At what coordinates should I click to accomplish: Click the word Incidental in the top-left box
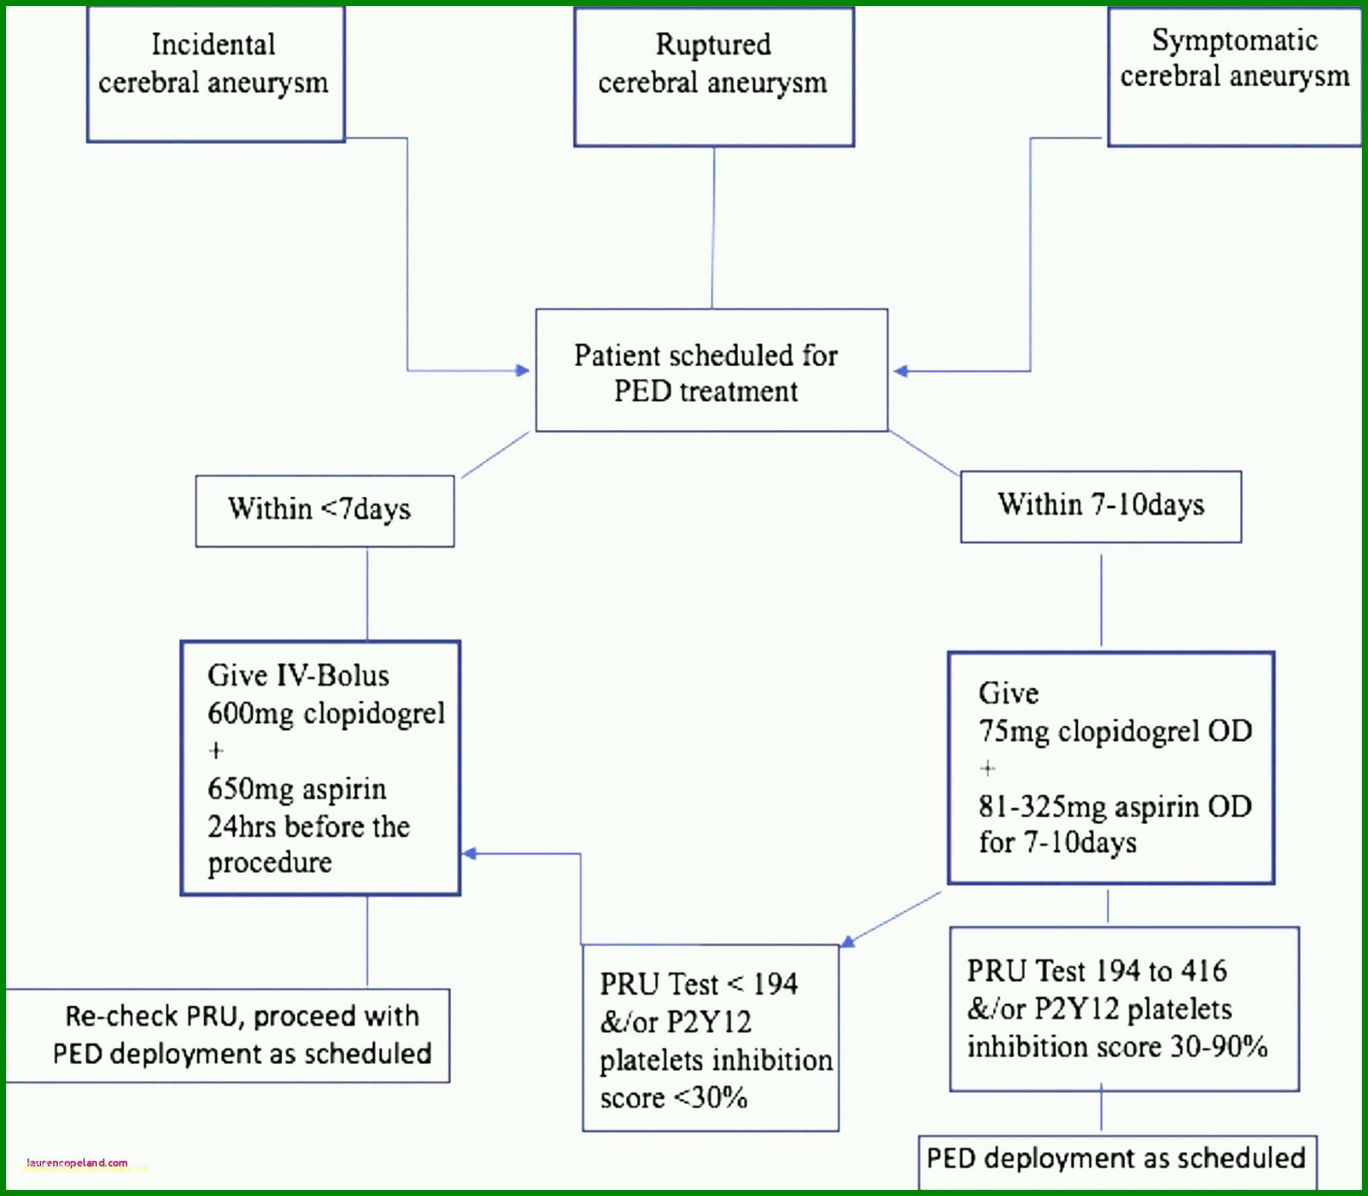(x=213, y=44)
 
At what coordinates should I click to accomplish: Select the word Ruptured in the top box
(x=714, y=44)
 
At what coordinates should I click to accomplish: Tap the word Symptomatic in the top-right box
(x=1235, y=40)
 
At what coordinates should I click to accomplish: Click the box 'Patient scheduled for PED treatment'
(x=712, y=370)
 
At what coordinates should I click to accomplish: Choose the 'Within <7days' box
(x=324, y=511)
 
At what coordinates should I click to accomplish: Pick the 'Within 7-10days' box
(x=1101, y=507)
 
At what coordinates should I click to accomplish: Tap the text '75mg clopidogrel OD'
(x=1116, y=732)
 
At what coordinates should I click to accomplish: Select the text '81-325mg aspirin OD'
(x=1116, y=806)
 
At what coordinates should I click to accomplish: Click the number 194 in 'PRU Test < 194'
(x=775, y=984)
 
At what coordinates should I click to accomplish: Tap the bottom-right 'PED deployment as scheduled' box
(x=1118, y=1162)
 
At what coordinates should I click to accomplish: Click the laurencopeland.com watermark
(x=77, y=1162)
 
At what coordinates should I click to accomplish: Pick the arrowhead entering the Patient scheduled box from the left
(x=522, y=370)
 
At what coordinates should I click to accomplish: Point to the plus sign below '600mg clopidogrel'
(x=216, y=750)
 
